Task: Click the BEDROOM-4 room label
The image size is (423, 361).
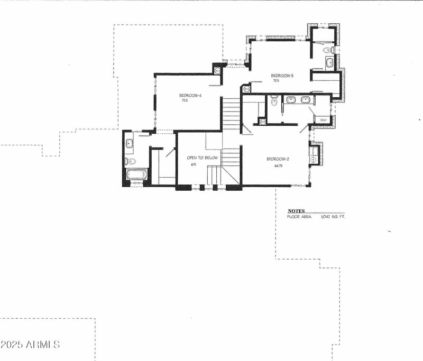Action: pyautogui.click(x=191, y=95)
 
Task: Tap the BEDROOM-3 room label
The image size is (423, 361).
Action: pyautogui.click(x=282, y=76)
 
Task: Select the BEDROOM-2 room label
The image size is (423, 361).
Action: pyautogui.click(x=277, y=159)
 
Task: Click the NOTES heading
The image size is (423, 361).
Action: pyautogui.click(x=296, y=211)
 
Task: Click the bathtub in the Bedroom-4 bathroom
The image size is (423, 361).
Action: pyautogui.click(x=136, y=175)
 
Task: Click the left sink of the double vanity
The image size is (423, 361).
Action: pyautogui.click(x=291, y=99)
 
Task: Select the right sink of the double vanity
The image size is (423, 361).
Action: pyautogui.click(x=305, y=99)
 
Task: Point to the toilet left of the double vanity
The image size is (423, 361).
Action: pyautogui.click(x=274, y=100)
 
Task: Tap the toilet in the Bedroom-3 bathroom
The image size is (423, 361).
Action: pyautogui.click(x=328, y=50)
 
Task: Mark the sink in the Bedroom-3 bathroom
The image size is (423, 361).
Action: pyautogui.click(x=329, y=63)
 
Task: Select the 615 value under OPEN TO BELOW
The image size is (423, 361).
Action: pyautogui.click(x=194, y=164)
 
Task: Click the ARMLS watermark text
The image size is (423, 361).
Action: pyautogui.click(x=30, y=345)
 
